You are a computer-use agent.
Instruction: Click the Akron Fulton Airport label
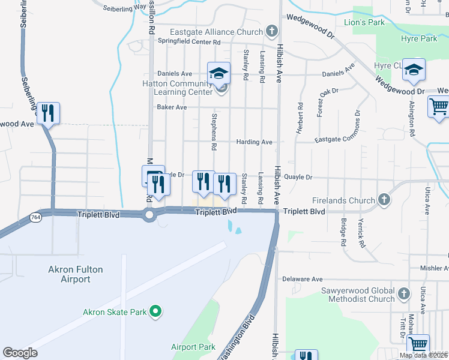(77, 274)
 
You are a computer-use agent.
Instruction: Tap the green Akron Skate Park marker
(155, 311)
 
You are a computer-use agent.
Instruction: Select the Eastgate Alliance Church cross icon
(271, 31)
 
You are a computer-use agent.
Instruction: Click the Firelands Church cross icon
(385, 200)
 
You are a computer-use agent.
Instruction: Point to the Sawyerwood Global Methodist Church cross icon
(404, 294)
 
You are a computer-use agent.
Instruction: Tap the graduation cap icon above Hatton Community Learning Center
(218, 74)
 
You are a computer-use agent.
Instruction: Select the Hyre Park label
(419, 39)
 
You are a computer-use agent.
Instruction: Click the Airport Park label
(193, 347)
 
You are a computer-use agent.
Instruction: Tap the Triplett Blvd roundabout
(149, 214)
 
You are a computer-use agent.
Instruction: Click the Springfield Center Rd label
(189, 42)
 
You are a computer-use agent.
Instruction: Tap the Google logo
(20, 352)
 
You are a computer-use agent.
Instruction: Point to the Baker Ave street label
(172, 107)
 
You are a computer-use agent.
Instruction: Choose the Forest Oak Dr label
(319, 103)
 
